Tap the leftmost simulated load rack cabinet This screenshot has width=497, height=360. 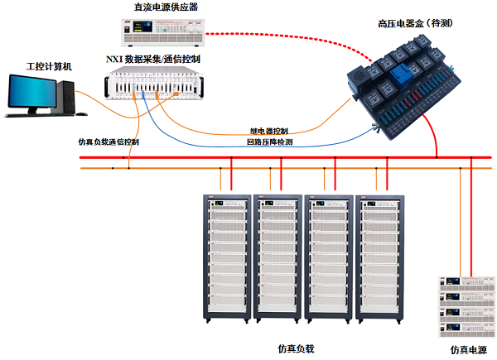[x=226, y=258]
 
